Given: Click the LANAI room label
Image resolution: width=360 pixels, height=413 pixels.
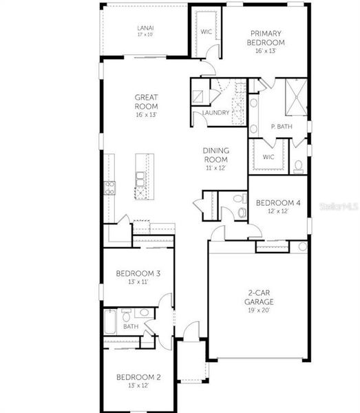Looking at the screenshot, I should point(146,28).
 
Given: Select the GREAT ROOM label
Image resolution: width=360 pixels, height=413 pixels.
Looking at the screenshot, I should point(146,102).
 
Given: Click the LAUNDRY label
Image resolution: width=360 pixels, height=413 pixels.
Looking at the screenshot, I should point(215,113).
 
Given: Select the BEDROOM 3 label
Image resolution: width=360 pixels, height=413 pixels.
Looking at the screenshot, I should point(138,274).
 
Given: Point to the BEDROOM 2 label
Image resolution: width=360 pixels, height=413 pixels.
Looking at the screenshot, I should point(138,377).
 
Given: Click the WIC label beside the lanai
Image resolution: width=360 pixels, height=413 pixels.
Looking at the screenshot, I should point(206,32).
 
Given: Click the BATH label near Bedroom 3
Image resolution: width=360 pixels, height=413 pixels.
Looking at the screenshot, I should point(131,326).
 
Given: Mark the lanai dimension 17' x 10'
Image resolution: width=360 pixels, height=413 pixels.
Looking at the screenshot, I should point(146,34).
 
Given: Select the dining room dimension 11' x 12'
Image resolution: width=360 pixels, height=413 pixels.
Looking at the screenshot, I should point(215,167).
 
